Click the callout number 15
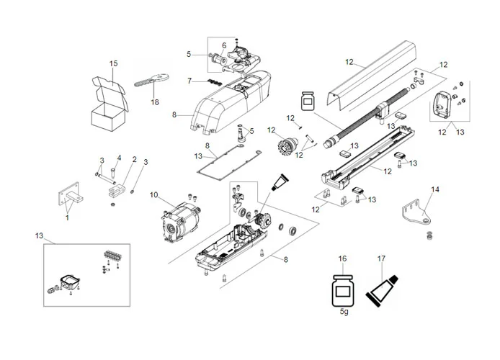[x=113, y=64]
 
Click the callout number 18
[x=154, y=102]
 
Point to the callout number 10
[x=153, y=195]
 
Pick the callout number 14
[x=434, y=189]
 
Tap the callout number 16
[x=342, y=258]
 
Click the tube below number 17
[x=381, y=288]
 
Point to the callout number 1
[x=68, y=217]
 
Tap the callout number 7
[x=189, y=81]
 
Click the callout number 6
[x=224, y=45]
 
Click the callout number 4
[x=119, y=158]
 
